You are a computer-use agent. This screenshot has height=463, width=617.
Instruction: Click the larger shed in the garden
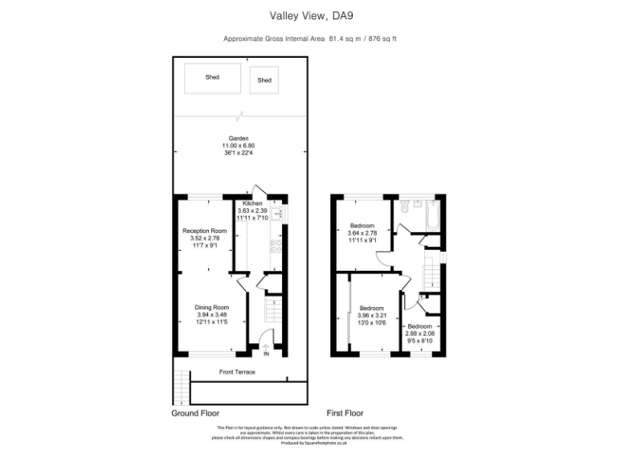pyautogui.click(x=212, y=78)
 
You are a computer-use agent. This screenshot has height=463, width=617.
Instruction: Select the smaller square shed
pyautogui.click(x=264, y=80)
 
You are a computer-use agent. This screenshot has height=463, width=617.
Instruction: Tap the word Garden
pyautogui.click(x=239, y=137)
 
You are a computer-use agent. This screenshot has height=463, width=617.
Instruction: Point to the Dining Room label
pyautogui.click(x=212, y=307)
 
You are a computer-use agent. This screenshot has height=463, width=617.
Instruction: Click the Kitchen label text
pyautogui.click(x=253, y=204)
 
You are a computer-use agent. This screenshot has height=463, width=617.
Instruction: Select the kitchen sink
pyautogui.click(x=276, y=215)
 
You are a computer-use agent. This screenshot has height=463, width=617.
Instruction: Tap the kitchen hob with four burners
pyautogui.click(x=276, y=246)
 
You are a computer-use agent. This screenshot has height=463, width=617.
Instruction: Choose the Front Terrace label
pyautogui.click(x=238, y=372)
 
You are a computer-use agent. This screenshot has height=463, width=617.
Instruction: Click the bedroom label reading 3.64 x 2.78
pyautogui.click(x=362, y=233)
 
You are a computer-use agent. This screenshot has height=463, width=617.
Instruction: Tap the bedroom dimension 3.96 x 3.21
pyautogui.click(x=372, y=315)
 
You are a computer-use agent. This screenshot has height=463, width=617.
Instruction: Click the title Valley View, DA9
pyautogui.click(x=308, y=14)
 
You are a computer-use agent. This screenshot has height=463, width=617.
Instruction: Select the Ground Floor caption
pyautogui.click(x=195, y=413)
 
